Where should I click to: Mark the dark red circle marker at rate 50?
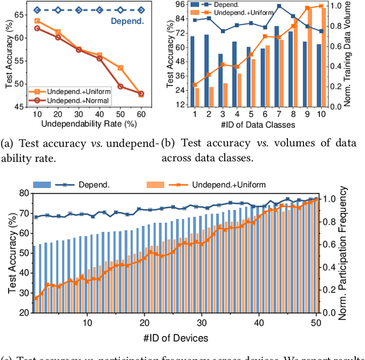pos(120,87)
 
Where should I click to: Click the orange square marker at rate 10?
pos(37,21)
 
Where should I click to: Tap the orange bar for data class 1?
pos(197,97)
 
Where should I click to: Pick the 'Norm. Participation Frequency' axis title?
pos(359,253)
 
